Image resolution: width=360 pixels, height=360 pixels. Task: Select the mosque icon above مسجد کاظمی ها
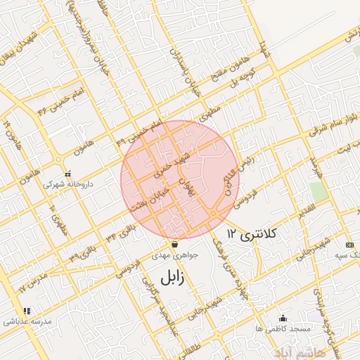pos(283,317)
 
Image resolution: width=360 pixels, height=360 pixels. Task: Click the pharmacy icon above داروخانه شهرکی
pos(67,173)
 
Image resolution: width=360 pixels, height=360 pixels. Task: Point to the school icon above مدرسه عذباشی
pos(27,310)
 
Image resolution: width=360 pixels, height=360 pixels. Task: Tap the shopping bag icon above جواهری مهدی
pos(174,244)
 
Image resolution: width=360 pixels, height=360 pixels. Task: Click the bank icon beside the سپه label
pos(349,244)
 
